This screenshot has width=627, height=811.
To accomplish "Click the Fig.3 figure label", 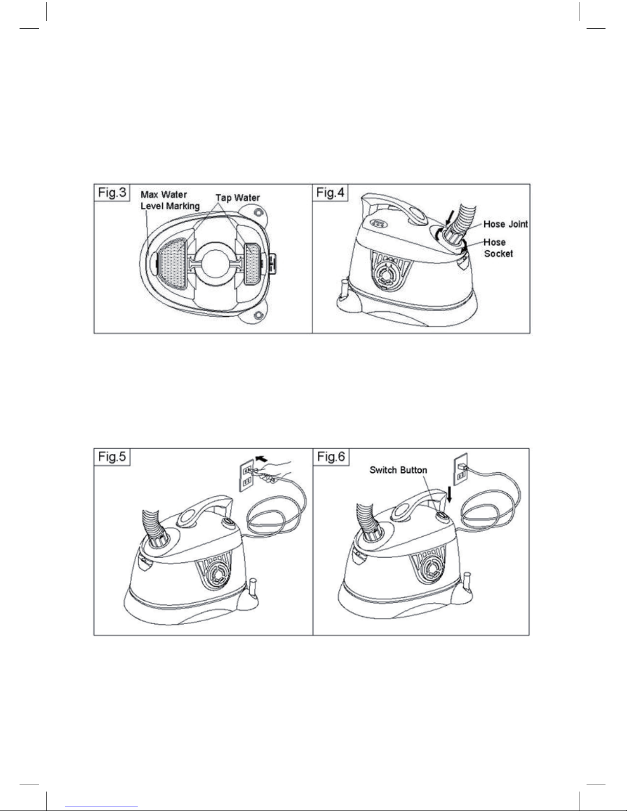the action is [112, 192].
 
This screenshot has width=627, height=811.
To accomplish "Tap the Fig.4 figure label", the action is [330, 192].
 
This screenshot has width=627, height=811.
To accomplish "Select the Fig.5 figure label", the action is [112, 457].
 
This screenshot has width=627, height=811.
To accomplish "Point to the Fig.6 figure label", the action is [331, 457].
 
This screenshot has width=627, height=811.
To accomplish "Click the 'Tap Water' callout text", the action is [237, 198].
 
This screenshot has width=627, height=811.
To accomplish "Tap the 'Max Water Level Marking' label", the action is [170, 201].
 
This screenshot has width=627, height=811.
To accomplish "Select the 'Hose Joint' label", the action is [505, 224].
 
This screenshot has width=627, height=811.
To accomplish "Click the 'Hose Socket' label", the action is [498, 248].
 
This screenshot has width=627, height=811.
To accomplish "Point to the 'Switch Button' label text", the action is [398, 470].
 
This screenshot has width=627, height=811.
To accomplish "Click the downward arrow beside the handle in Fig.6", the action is [450, 494].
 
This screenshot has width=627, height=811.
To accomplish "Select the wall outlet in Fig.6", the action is [461, 469].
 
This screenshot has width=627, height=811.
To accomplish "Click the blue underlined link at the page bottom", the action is [101, 806].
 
